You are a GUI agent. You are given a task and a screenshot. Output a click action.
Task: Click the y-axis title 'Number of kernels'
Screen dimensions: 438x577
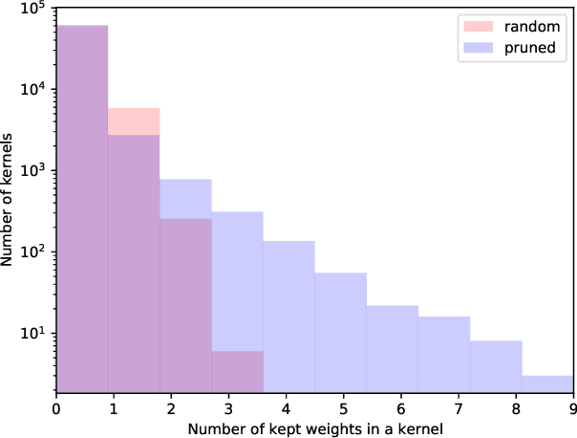coord(11,201)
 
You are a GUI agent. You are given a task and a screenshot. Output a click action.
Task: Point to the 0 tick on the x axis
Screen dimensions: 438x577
coord(57,407)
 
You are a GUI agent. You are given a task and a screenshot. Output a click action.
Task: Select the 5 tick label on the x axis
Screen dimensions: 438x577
coord(344,407)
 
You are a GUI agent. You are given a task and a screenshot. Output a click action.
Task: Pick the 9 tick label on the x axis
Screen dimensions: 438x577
coord(573,407)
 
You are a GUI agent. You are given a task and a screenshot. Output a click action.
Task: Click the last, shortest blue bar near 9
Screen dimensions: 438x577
coord(547,383)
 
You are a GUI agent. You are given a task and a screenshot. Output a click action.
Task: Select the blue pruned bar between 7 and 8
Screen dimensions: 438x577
coord(496,366)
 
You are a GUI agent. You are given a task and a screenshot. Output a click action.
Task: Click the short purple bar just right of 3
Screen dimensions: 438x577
coord(237,372)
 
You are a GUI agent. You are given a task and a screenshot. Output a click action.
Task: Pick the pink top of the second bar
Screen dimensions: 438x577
coord(134,121)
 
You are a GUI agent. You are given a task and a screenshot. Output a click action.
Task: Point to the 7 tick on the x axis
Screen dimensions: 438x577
coord(459,407)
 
